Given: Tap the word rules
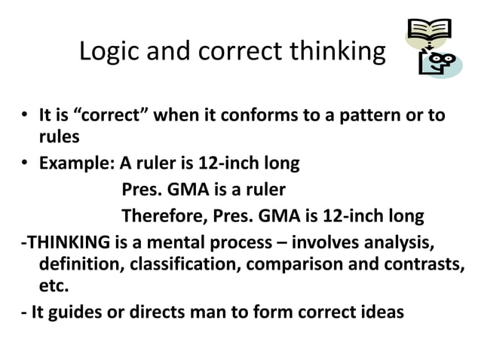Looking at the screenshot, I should tap(57, 137).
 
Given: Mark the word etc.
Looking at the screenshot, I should tap(53, 286).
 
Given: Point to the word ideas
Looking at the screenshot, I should tap(382, 311).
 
